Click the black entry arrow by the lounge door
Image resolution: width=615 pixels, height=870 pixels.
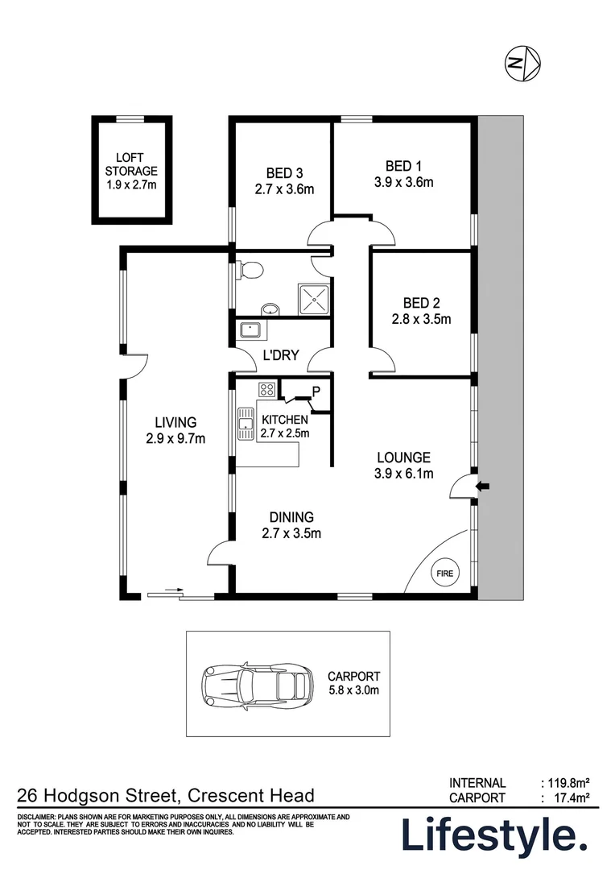pyautogui.click(x=483, y=487)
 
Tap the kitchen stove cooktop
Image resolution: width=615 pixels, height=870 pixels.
pyautogui.click(x=266, y=390)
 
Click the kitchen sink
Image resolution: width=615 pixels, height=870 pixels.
pyautogui.click(x=245, y=424)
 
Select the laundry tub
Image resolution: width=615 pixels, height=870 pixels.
pyautogui.click(x=250, y=329)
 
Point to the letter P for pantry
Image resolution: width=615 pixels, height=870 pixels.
pyautogui.click(x=316, y=392)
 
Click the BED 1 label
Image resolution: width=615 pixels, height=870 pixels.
pyautogui.click(x=403, y=166)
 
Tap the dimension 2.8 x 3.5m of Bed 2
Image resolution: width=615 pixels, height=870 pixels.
pyautogui.click(x=421, y=318)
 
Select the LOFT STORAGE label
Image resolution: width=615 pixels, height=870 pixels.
pyautogui.click(x=131, y=164)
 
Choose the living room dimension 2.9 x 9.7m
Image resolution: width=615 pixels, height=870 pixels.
pyautogui.click(x=175, y=439)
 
